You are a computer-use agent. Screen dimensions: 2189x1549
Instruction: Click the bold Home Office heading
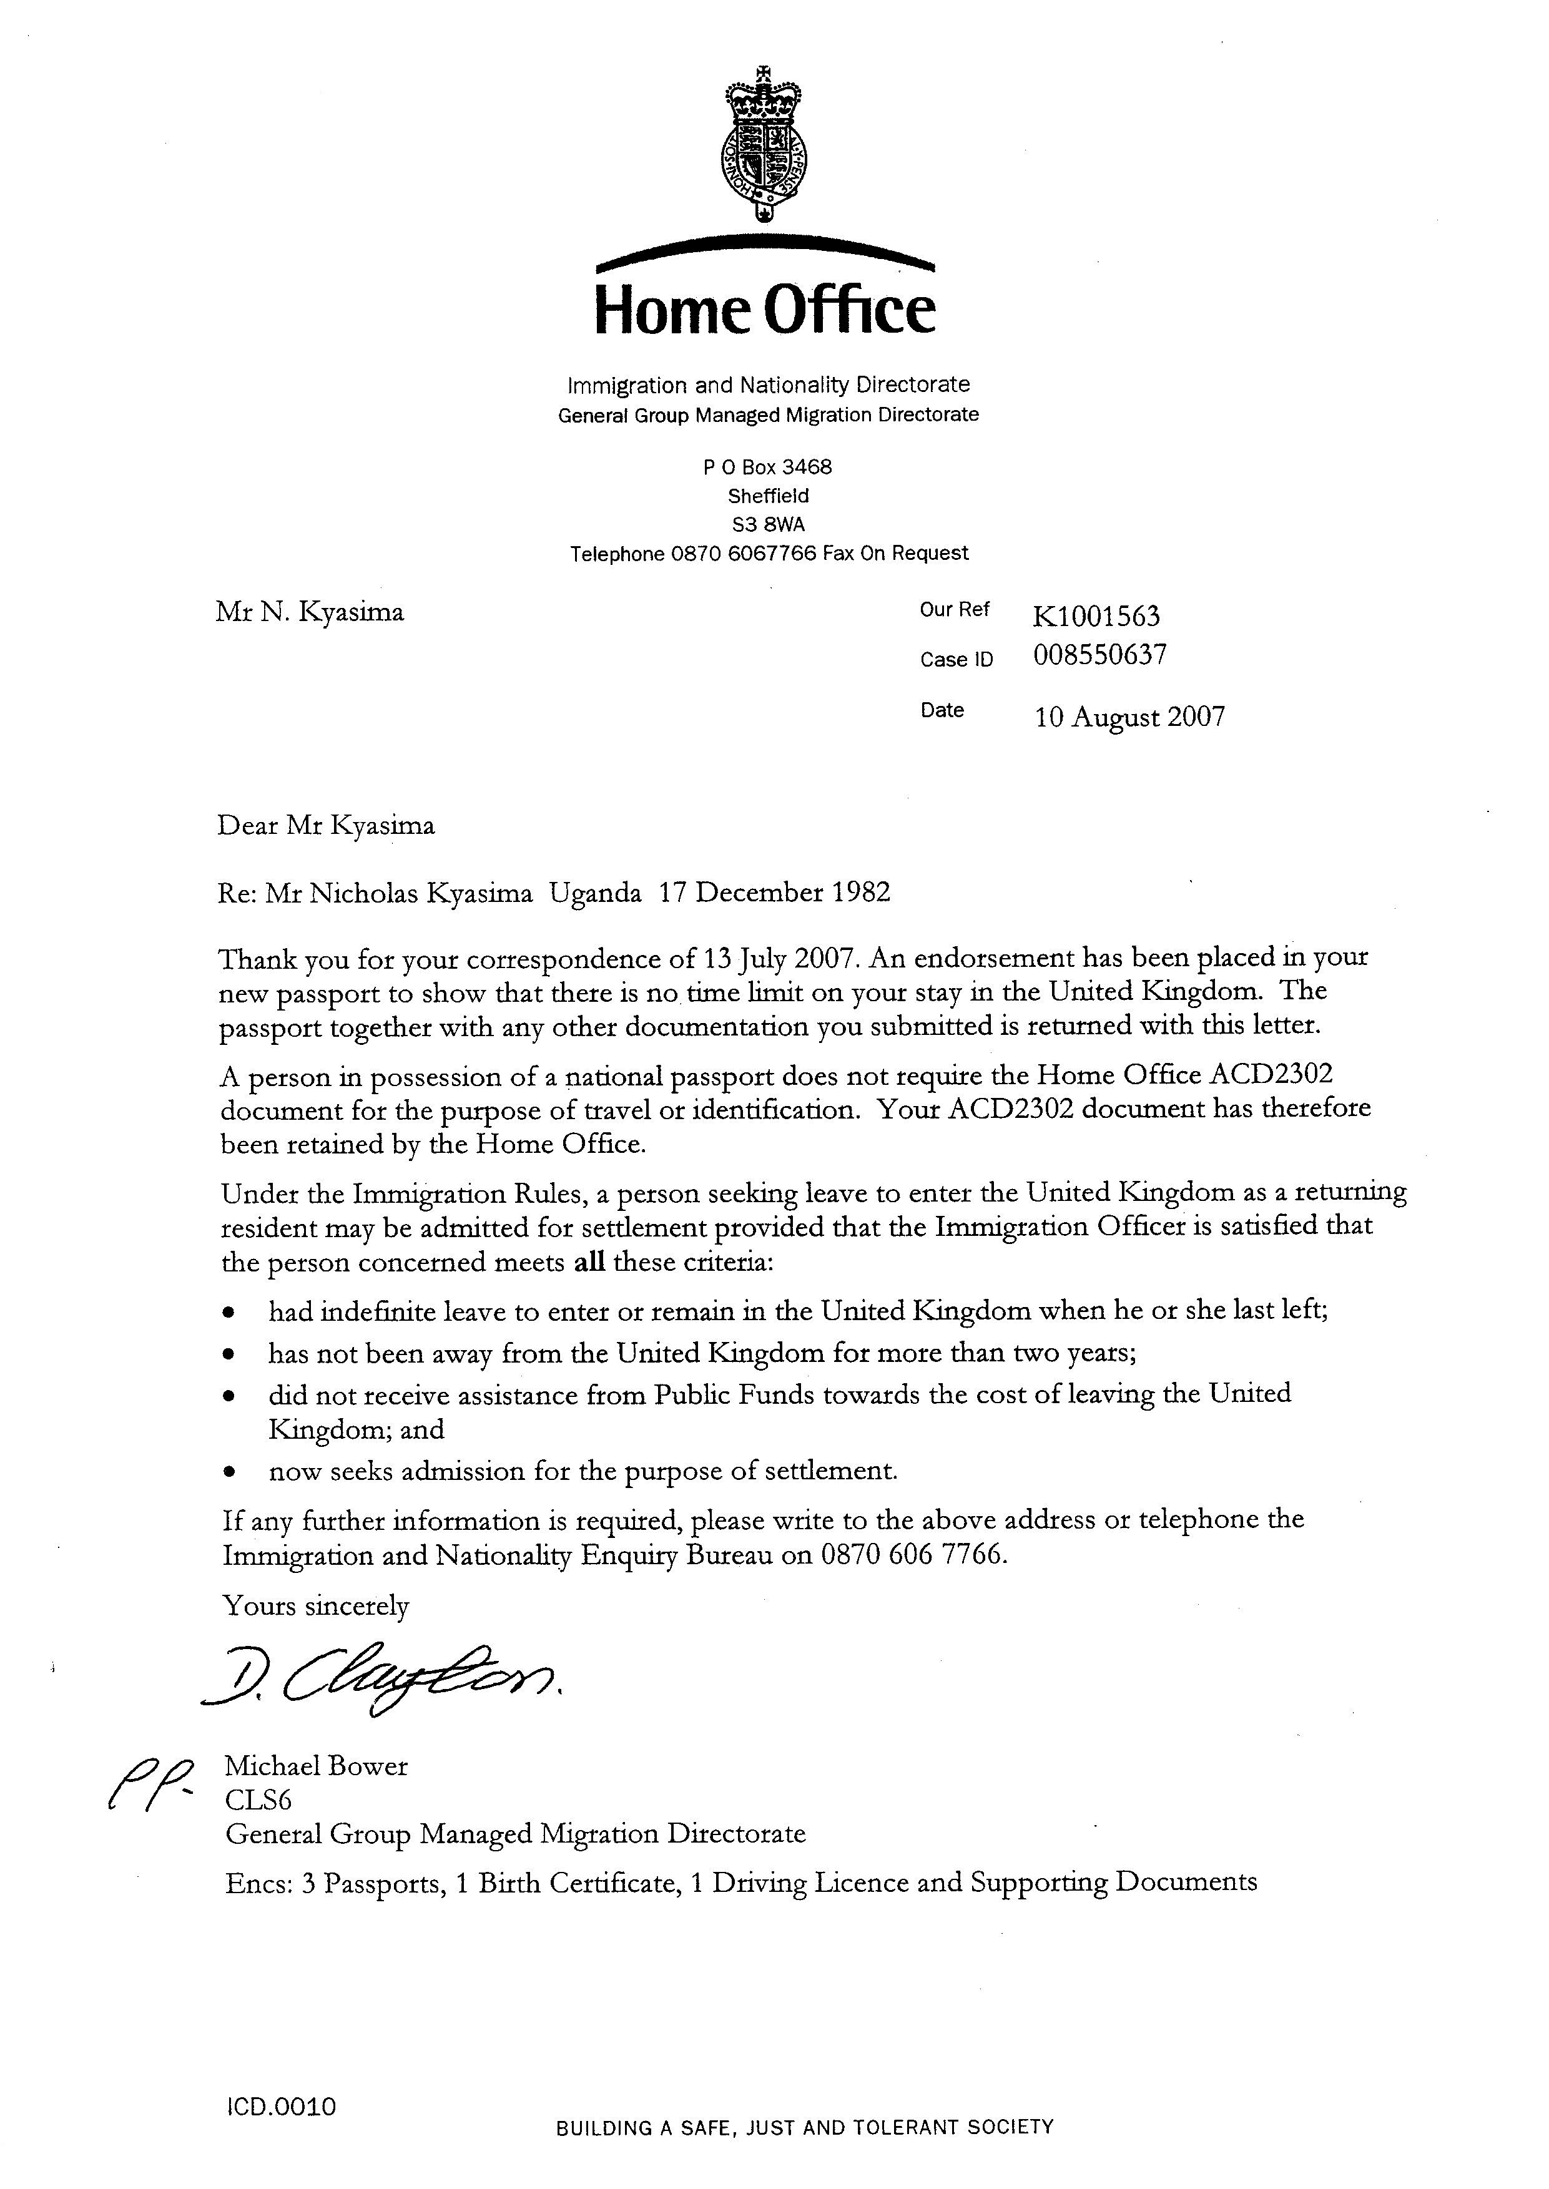(x=765, y=310)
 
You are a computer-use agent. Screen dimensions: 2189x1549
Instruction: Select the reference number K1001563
(x=1096, y=616)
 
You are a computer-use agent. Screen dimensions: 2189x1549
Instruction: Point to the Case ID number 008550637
(x=1099, y=655)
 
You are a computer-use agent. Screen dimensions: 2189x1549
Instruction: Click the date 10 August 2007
(x=1129, y=717)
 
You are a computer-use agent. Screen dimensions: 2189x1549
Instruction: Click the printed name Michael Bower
(x=316, y=1766)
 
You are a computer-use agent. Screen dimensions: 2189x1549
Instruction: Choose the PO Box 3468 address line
(x=768, y=467)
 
